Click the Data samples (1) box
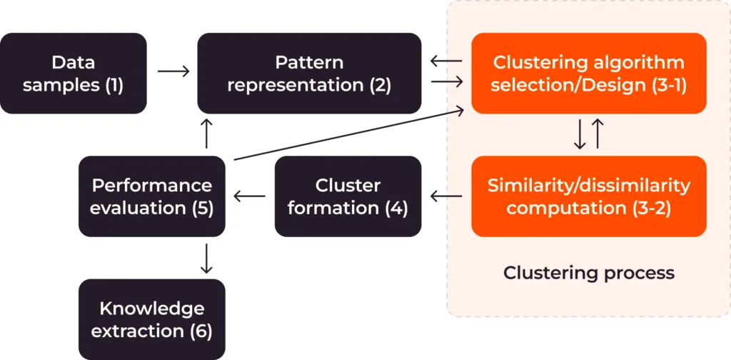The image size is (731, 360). pos(74,74)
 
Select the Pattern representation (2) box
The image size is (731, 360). pos(309,74)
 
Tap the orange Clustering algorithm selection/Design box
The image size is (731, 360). pos(589,74)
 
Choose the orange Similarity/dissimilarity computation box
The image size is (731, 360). pos(589,196)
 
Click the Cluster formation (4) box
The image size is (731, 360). pos(348,196)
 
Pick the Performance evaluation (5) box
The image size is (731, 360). pos(151,196)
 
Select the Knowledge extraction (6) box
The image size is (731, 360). pos(151,319)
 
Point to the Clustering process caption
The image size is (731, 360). pos(589,273)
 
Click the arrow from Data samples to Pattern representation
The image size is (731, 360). pos(173,71)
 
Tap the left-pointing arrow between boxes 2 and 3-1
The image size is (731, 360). pos(446,61)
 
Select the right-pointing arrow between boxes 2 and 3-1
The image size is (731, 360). pos(446,83)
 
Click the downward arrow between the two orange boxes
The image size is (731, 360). pos(580,134)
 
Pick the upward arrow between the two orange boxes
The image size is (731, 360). pos(598,134)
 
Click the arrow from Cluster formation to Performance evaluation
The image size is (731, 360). pos(251,195)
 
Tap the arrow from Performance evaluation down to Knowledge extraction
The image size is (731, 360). pos(206,258)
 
